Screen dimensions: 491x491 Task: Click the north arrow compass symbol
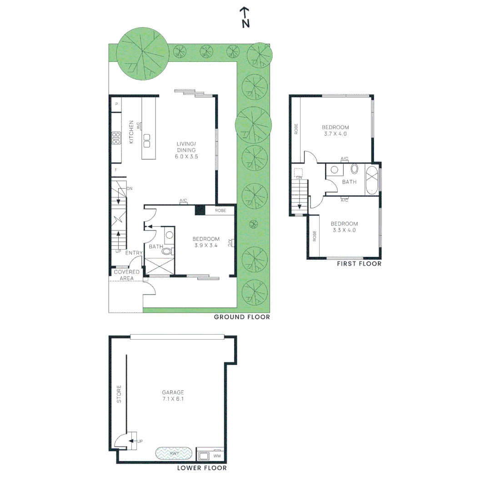(245, 18)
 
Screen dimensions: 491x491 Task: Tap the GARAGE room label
(173, 392)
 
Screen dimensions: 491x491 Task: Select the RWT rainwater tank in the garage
(174, 453)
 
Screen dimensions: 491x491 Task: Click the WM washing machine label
(217, 456)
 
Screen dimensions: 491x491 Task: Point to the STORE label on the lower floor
(119, 394)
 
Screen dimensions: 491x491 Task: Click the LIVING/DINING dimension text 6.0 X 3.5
(186, 156)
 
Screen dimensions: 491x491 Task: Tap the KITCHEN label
(131, 132)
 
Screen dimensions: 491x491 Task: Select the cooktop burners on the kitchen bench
(116, 138)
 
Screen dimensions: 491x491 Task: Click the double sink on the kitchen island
(146, 141)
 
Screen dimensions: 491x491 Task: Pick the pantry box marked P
(116, 104)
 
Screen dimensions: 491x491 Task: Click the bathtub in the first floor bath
(372, 180)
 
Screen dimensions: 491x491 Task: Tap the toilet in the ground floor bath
(167, 251)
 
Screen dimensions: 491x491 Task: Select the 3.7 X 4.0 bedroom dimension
(336, 134)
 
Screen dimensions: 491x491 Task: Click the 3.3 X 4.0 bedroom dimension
(344, 230)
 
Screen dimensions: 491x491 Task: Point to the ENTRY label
(134, 253)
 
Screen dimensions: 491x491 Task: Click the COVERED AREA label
(126, 275)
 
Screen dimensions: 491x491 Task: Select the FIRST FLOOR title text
(359, 264)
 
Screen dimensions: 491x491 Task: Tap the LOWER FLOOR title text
(202, 468)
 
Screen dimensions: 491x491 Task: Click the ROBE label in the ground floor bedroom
(220, 210)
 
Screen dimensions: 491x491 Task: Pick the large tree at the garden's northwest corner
(143, 54)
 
